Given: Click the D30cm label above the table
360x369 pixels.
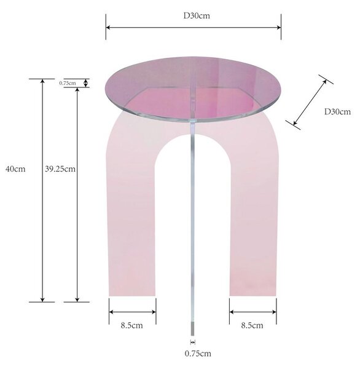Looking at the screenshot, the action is click(x=197, y=16).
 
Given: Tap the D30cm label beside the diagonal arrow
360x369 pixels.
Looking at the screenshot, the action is click(x=337, y=111).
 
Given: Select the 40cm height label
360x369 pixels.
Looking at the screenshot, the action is click(x=15, y=169).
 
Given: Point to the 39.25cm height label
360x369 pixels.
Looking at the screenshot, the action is click(x=60, y=169).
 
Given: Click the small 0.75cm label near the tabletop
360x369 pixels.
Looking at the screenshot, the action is click(x=68, y=83).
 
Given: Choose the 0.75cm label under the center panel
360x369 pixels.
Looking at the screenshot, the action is click(x=198, y=354).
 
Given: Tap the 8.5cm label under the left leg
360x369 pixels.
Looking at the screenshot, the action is click(x=131, y=325).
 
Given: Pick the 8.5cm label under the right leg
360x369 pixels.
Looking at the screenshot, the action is click(x=252, y=325).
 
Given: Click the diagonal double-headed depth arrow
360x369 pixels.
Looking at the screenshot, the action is click(x=310, y=102).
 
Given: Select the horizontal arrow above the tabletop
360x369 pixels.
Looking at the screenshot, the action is click(x=194, y=27).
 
